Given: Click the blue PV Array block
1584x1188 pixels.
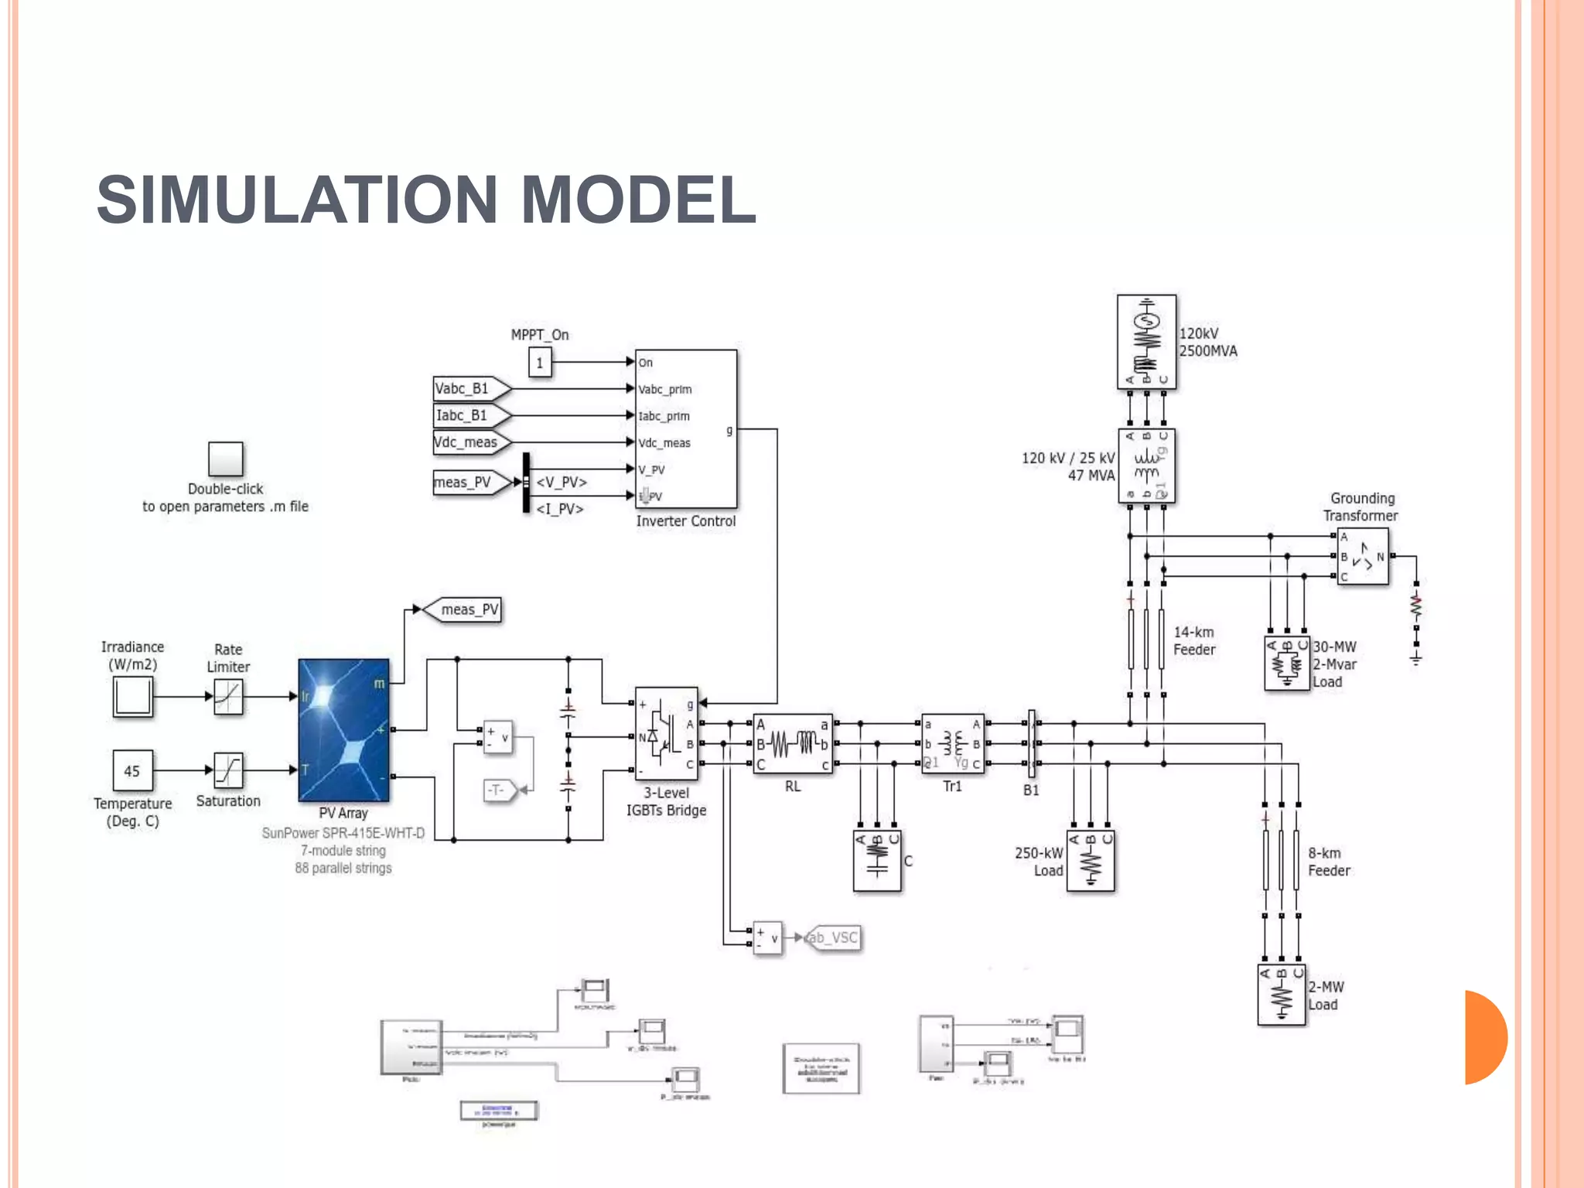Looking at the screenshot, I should tap(343, 730).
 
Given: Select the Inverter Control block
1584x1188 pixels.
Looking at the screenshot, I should tap(685, 428).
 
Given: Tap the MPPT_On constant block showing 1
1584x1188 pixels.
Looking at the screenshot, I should tap(540, 362).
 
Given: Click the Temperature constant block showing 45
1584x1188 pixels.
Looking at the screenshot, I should tap(132, 770).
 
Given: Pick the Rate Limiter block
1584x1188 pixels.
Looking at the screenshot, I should tap(228, 696).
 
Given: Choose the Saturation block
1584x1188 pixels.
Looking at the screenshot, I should tap(228, 770).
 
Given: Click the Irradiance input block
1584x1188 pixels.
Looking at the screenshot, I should tap(132, 696).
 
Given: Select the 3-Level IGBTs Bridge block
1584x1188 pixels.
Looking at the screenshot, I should tap(666, 733).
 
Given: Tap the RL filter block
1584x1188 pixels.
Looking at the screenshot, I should tap(793, 744).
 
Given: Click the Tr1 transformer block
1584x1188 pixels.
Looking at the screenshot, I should tap(953, 744).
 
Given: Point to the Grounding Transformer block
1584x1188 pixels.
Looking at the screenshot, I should tap(1363, 556).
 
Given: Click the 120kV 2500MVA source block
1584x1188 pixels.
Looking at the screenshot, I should tap(1146, 342).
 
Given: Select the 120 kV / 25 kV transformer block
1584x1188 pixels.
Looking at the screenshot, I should tap(1146, 466).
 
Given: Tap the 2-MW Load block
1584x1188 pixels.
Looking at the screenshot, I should tap(1282, 995).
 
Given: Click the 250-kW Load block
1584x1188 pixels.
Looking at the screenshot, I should tap(1091, 861).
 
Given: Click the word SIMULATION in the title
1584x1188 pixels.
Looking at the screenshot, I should tap(297, 200).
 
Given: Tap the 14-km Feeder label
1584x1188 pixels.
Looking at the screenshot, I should tap(1194, 641).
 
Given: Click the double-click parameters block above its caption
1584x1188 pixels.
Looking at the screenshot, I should tap(225, 459).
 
